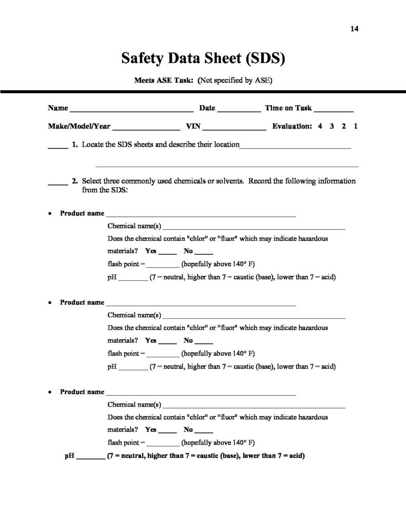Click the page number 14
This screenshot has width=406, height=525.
354,29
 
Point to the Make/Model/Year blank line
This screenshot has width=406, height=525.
145,127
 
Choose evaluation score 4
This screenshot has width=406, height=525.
320,126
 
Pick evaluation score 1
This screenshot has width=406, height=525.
355,126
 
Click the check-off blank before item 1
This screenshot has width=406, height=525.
58,147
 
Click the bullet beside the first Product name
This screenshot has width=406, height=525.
49,213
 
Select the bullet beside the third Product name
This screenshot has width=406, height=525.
49,392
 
